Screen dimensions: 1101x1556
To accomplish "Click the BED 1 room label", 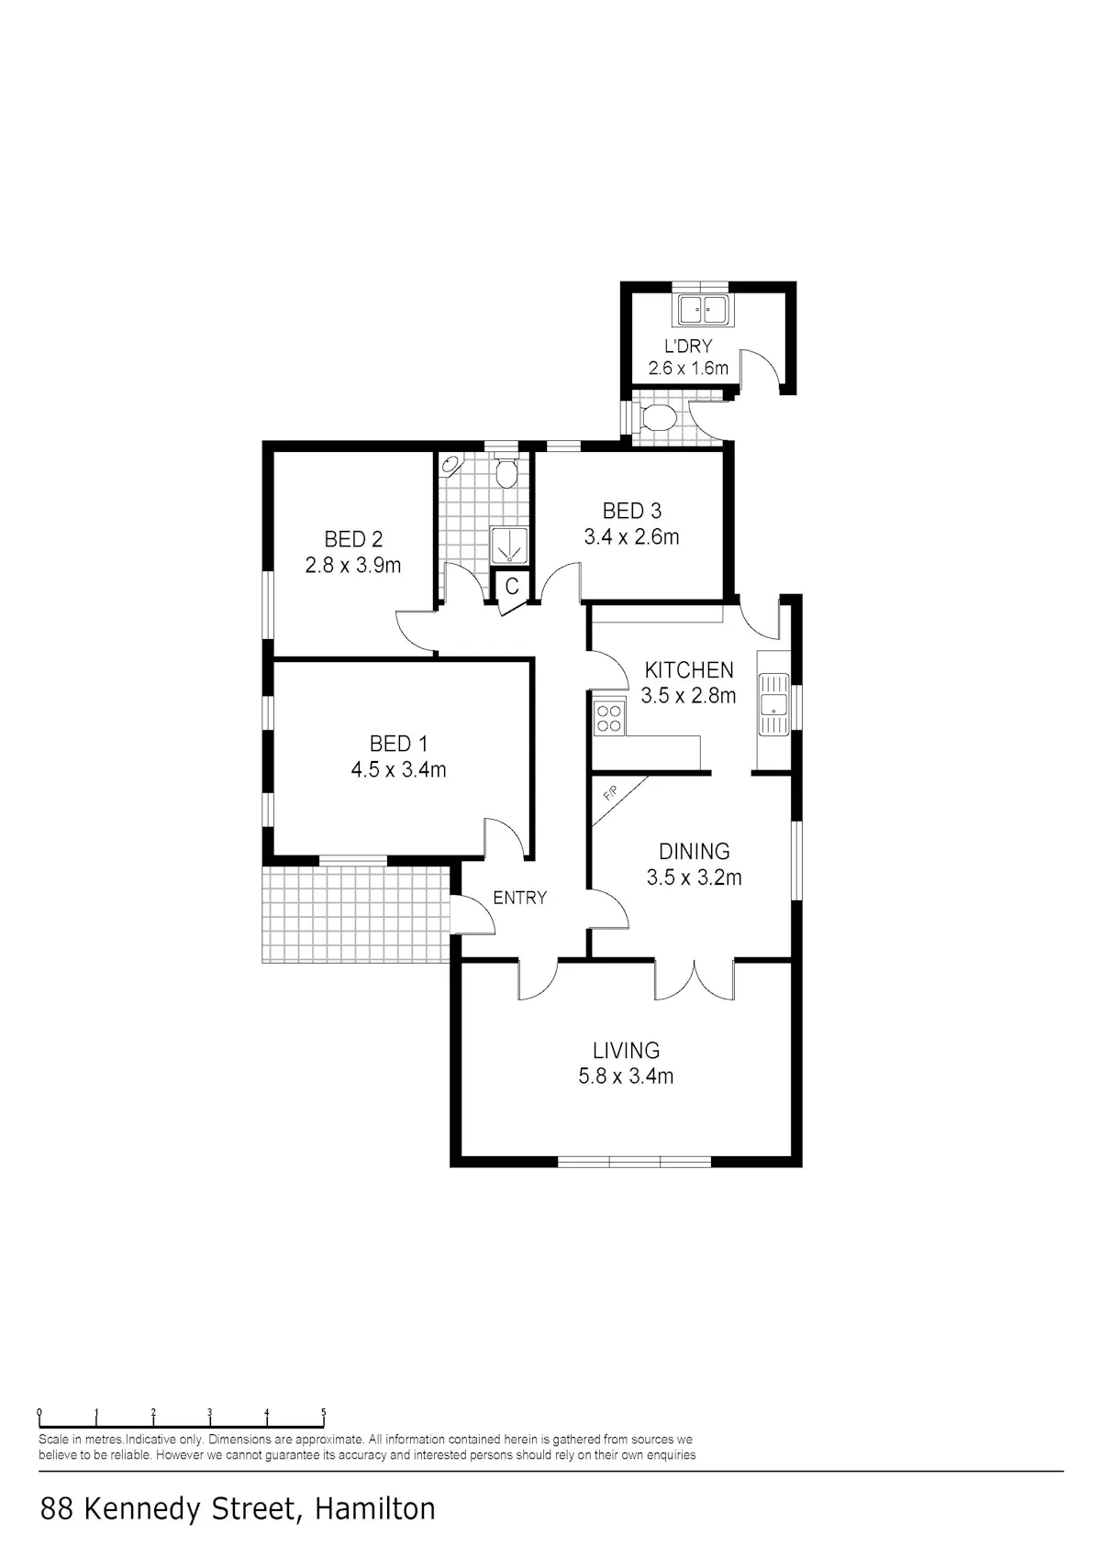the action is pos(398,744).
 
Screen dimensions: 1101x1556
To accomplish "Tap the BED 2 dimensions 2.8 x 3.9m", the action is pos(353,566).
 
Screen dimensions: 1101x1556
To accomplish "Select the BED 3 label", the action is pos(632,512).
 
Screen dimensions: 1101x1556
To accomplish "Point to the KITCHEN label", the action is pos(689,670).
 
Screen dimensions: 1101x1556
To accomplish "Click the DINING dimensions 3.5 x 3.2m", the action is pos(695,877).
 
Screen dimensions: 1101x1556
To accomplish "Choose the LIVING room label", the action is pos(627,1050).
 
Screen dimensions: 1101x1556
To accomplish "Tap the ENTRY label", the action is pos(520,899).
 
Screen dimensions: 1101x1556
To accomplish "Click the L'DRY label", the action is pos(688,346).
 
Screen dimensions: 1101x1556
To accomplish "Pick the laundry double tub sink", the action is pos(702,310).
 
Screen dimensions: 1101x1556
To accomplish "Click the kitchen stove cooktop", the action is pos(609,718).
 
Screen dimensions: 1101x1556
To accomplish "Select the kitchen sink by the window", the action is pos(773,703).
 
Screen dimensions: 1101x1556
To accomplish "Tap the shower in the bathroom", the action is pos(509,546).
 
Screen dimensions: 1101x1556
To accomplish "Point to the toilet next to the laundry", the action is pos(657,418).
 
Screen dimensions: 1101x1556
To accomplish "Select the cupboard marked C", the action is pos(511,587).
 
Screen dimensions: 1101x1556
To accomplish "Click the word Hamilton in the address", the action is pos(375,1508).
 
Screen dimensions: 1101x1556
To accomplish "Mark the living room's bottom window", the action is pos(635,1161).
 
